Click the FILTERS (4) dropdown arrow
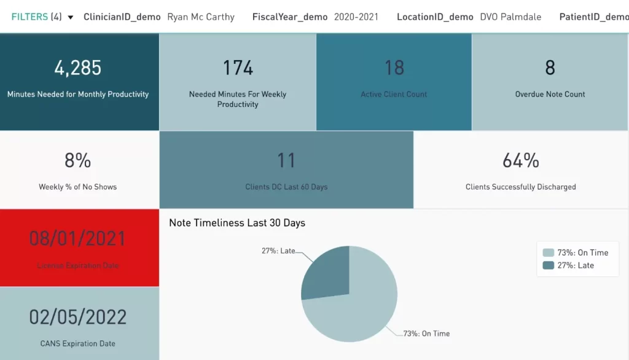[70, 17]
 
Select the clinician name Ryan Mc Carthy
[201, 17]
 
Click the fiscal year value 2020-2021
[356, 17]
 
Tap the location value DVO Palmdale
[510, 17]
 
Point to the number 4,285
[78, 68]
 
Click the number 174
[238, 68]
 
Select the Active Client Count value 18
[394, 68]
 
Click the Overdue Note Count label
[550, 94]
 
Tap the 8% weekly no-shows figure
[78, 161]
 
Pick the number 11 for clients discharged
[286, 161]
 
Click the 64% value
[521, 161]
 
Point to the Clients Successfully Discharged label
[521, 187]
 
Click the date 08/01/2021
[78, 238]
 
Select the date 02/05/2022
[78, 317]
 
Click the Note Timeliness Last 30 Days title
[237, 223]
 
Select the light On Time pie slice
[362, 307]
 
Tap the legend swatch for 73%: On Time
[549, 252]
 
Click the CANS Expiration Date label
[78, 343]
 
